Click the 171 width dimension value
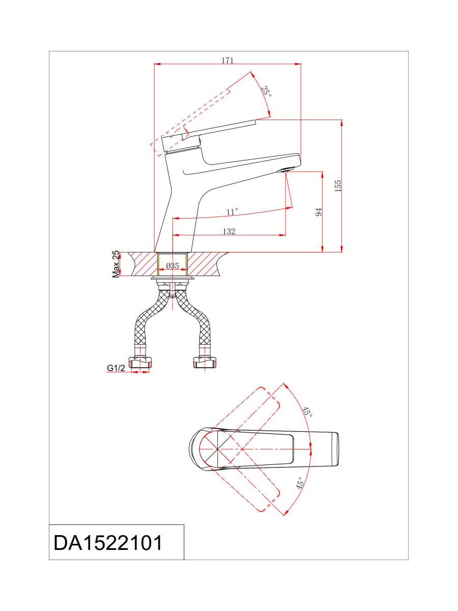click(227, 60)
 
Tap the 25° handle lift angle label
click(266, 91)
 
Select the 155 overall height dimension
click(337, 186)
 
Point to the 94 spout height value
click(319, 212)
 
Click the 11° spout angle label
click(232, 211)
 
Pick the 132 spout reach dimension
click(229, 231)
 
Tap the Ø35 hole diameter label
click(173, 266)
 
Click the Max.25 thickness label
click(116, 264)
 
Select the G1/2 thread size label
click(116, 368)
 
